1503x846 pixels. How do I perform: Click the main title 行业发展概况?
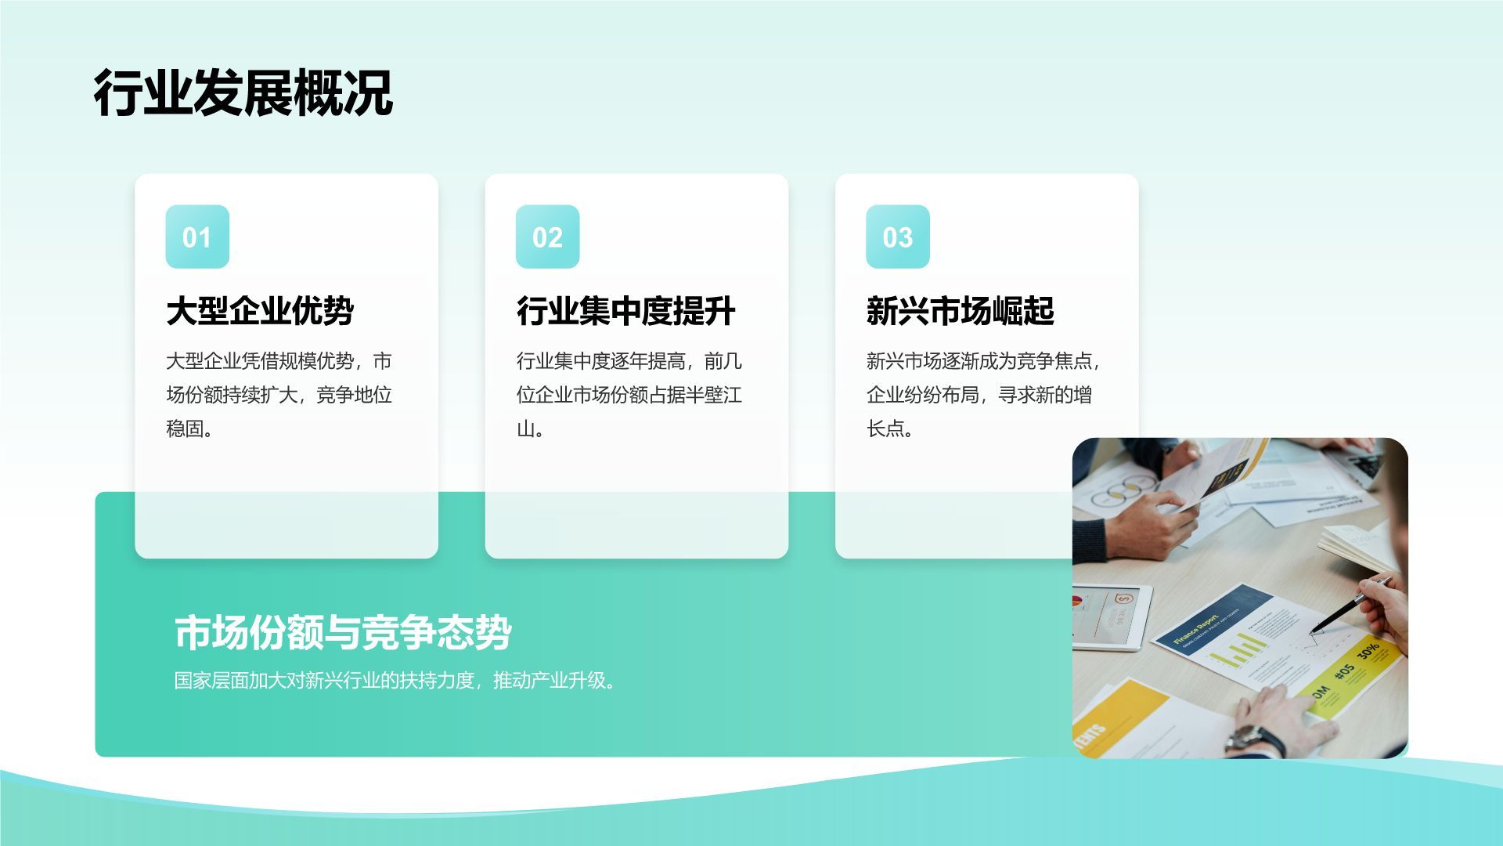243,93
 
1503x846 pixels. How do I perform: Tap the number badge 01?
197,237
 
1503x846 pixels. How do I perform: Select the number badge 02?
547,237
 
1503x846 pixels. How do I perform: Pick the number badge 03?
897,237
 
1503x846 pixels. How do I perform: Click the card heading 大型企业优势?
260,311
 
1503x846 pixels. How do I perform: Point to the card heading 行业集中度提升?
625,311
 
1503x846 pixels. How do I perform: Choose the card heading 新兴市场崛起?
960,311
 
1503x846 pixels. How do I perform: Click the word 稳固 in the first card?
185,428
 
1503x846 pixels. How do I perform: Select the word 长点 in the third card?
885,428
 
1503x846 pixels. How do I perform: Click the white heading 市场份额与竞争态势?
343,632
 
